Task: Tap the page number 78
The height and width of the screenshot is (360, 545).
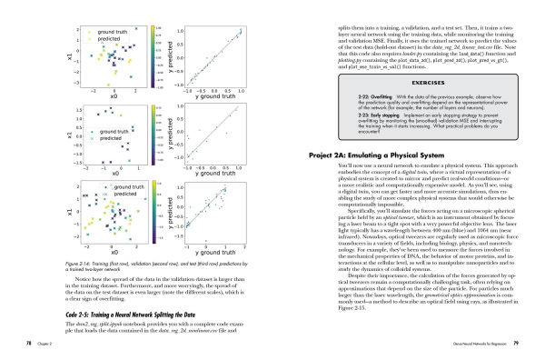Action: [29, 345]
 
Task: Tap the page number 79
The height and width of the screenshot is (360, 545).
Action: [515, 345]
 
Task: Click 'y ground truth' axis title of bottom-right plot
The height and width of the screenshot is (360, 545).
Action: [213, 254]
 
